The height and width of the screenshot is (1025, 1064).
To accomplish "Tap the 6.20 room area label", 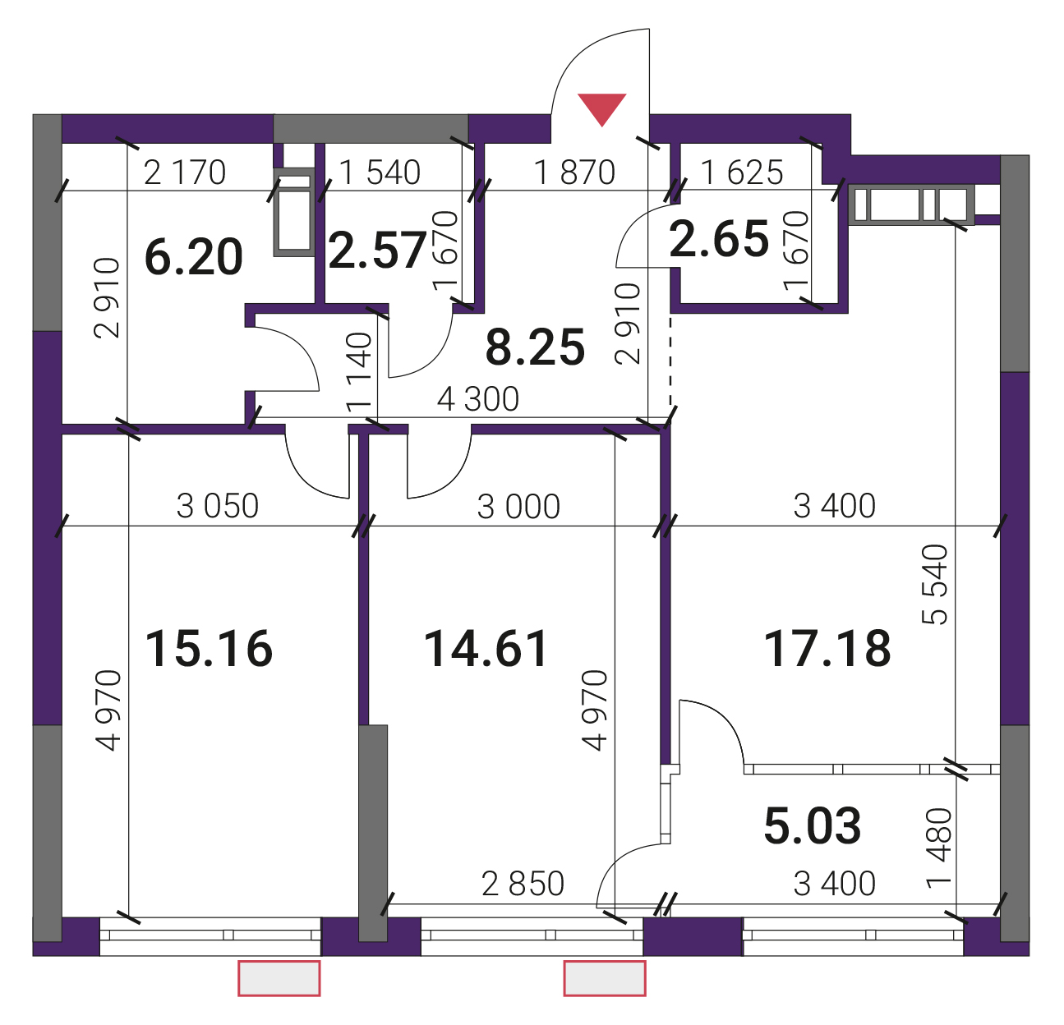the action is click(194, 257).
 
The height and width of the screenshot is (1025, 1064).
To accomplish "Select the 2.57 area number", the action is click(377, 250).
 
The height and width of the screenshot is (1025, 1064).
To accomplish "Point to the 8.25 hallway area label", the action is click(535, 347).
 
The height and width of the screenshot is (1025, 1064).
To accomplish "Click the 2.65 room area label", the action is click(719, 238).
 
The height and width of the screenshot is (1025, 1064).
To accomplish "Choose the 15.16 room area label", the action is click(209, 648).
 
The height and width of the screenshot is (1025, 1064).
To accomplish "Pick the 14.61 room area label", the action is click(486, 648).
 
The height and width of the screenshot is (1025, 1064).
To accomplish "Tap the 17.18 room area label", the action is click(827, 648).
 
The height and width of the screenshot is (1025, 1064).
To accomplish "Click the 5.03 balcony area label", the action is click(813, 825).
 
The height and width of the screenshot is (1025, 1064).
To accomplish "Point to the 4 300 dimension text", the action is click(478, 399).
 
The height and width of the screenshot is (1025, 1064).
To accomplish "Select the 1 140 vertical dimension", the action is click(359, 372).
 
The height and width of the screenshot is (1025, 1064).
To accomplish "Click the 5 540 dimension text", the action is click(934, 584).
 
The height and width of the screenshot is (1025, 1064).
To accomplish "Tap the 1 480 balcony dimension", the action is click(939, 848).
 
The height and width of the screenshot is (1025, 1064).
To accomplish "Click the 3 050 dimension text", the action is click(218, 506).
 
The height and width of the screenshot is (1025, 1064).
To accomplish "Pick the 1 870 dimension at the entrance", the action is click(574, 172).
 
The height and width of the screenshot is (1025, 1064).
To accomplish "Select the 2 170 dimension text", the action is click(185, 172).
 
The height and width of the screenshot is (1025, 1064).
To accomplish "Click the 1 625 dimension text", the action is click(742, 172).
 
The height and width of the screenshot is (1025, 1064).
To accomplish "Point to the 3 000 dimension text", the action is click(518, 506).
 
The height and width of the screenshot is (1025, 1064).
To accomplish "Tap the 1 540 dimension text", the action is click(380, 172).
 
